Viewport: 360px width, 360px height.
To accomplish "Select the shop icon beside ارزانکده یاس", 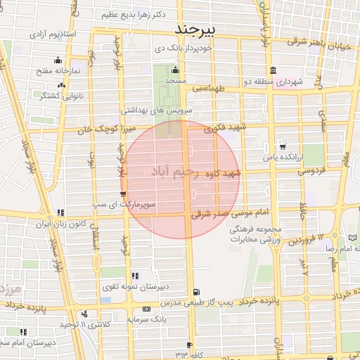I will tap(283, 147).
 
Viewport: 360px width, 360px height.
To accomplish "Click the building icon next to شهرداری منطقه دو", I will tap(273, 70).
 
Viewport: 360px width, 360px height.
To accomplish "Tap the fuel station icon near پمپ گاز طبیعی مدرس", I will tap(195, 292).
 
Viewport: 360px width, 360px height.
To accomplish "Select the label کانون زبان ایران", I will tap(60, 224).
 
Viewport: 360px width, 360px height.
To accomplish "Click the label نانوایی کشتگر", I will tap(62, 95).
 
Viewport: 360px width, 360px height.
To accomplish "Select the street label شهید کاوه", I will tap(222, 172).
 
